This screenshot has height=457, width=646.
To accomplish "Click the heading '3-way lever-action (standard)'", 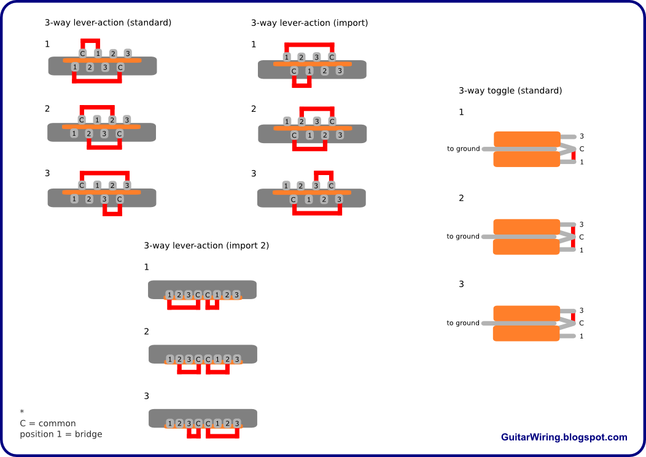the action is [108, 23].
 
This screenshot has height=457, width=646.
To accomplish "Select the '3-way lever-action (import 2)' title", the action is [206, 246].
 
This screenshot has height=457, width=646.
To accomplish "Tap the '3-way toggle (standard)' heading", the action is [510, 91].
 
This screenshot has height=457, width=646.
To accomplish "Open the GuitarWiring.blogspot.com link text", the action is [564, 437].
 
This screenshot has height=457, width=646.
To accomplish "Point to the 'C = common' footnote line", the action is [48, 423].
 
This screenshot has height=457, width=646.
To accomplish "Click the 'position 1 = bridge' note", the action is [61, 434].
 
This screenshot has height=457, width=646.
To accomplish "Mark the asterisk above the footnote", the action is [22, 412].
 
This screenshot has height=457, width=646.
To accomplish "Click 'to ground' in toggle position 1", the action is [464, 149].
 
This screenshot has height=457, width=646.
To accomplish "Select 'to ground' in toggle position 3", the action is [463, 323].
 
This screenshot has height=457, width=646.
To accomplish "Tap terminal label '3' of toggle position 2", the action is [582, 225].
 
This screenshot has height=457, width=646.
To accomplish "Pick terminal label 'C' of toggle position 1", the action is [582, 149].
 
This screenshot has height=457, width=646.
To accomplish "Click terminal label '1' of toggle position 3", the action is [582, 336].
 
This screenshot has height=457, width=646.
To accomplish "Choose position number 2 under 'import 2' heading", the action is [147, 332].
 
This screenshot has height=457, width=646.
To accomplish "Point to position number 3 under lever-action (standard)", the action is [47, 173].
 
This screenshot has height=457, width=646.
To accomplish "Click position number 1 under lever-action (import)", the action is [254, 44].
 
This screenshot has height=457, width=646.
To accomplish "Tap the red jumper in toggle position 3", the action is [573, 318].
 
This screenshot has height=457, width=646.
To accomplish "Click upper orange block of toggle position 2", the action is [526, 227].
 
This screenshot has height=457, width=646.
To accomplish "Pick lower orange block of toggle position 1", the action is [526, 159].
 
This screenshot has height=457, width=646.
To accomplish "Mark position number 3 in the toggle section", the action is [461, 284].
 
